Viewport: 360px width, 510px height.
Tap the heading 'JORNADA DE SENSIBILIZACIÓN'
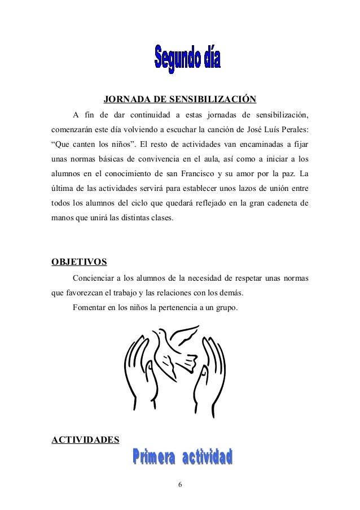180,101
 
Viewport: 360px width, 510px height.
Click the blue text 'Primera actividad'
183,459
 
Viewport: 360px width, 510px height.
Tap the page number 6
179,486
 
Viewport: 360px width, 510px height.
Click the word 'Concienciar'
94,278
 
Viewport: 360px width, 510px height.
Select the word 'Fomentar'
89,308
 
